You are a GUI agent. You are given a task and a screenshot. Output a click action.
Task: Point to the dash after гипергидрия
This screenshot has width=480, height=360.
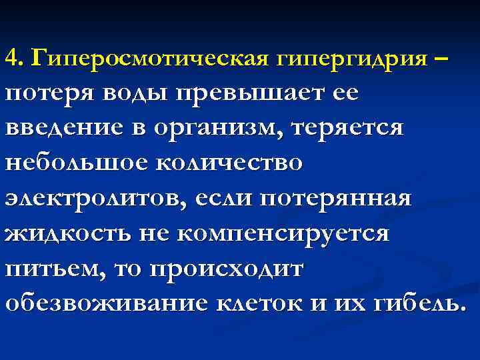click(443, 59)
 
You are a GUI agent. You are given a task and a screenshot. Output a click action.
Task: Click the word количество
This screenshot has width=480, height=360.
click(226, 163)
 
